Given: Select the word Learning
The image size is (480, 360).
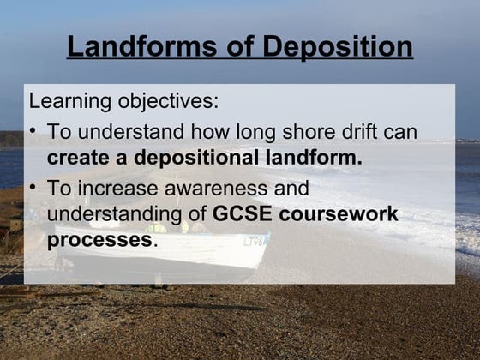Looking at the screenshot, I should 68,101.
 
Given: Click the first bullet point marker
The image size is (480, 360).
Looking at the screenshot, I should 33,133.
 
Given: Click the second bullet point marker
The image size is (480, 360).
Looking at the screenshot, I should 33,188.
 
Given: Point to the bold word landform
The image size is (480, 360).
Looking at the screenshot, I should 313,159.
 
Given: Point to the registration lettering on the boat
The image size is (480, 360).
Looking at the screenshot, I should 255,242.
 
